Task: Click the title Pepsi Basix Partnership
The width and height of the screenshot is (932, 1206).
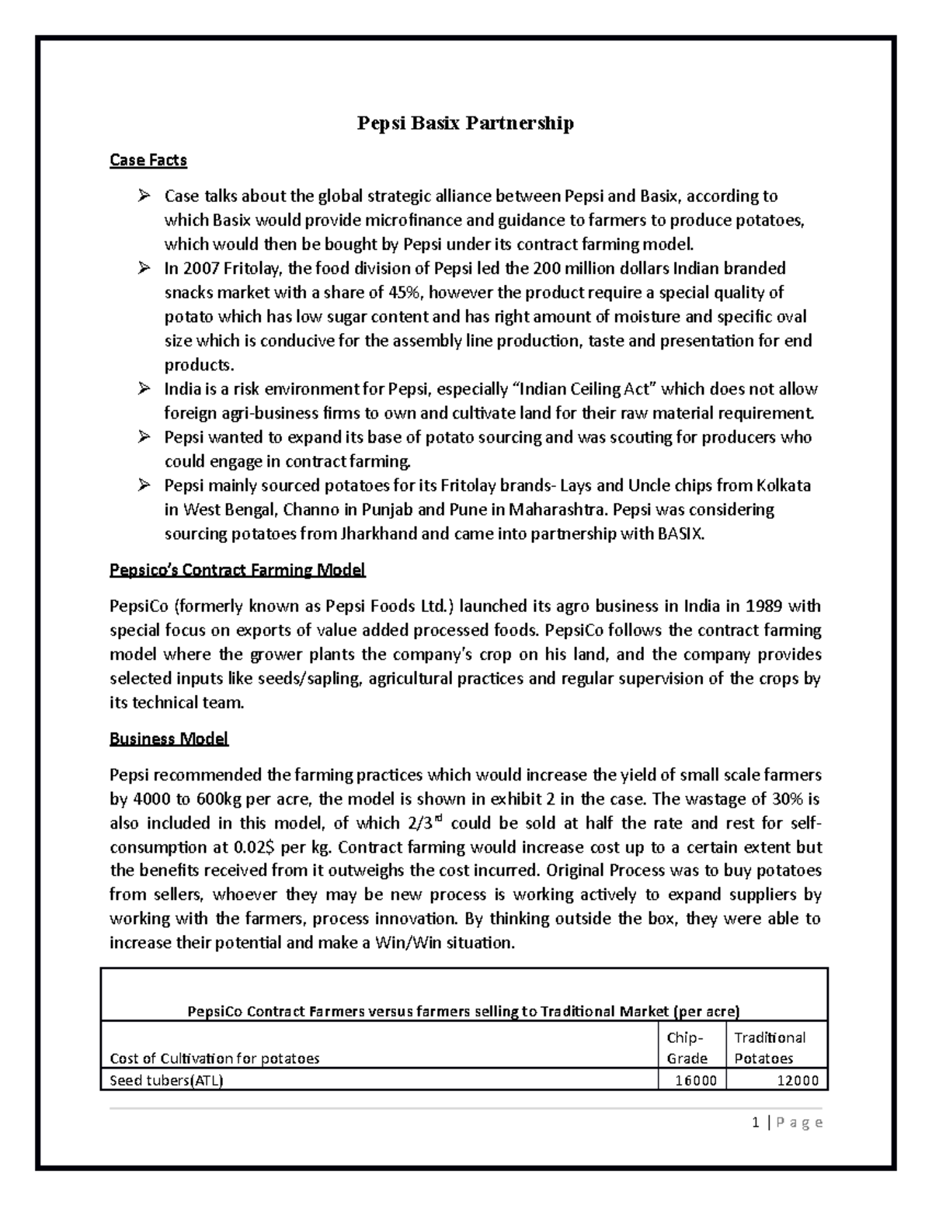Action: click(x=464, y=123)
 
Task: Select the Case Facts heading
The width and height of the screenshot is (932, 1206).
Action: click(x=148, y=160)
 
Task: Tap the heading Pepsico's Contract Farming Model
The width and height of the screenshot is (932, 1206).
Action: click(x=237, y=571)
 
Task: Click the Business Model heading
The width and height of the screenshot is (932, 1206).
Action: click(x=169, y=739)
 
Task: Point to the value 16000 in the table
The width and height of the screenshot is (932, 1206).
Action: click(x=696, y=1080)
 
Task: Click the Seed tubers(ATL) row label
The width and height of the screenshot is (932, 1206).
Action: click(x=166, y=1080)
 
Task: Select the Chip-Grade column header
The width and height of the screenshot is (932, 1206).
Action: click(x=687, y=1048)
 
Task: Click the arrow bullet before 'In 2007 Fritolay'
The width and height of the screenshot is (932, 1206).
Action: click(x=144, y=269)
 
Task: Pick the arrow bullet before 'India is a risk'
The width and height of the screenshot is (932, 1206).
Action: click(x=144, y=389)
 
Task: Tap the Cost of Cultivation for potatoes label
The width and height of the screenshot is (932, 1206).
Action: click(x=214, y=1058)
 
